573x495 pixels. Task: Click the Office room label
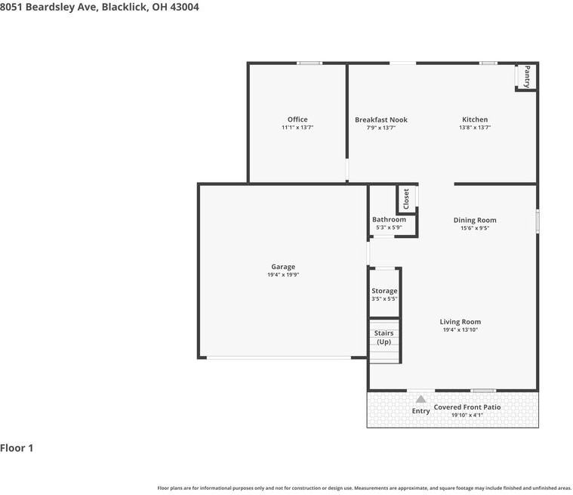click(297, 119)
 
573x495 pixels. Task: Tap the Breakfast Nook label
click(381, 119)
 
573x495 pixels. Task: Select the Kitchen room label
click(475, 119)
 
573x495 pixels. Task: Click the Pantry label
click(527, 77)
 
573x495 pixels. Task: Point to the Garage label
click(283, 267)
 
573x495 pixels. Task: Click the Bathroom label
click(389, 219)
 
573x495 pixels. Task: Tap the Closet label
click(406, 199)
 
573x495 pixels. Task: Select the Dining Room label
click(475, 220)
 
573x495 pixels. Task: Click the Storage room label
click(384, 291)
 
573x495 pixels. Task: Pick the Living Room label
click(461, 322)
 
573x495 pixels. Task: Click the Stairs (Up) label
click(384, 337)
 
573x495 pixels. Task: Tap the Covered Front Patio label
click(467, 407)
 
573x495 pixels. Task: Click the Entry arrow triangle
click(421, 399)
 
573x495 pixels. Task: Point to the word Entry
click(421, 411)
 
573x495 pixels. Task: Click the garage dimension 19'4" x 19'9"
click(283, 275)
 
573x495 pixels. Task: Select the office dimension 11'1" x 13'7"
click(297, 128)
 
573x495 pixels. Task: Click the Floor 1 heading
click(17, 448)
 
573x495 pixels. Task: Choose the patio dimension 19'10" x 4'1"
click(467, 416)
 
